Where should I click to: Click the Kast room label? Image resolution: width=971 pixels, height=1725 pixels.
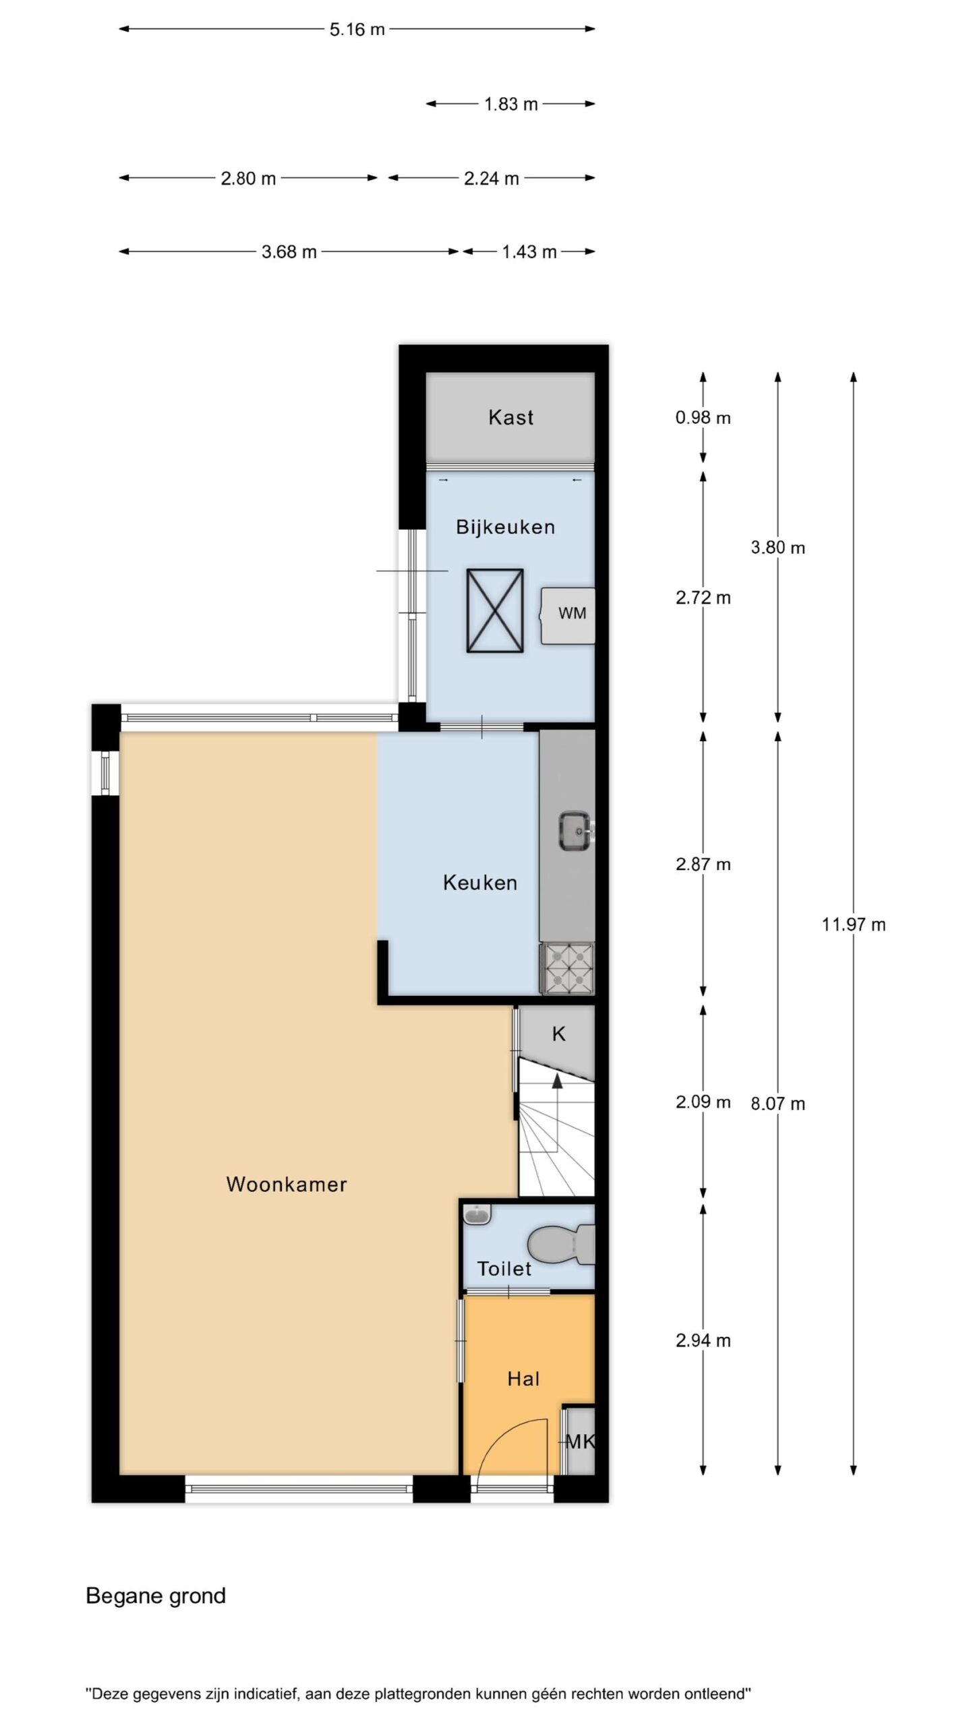(510, 417)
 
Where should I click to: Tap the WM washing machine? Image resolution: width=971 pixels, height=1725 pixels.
(568, 615)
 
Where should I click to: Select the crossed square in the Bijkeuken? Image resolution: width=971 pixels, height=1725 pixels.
(495, 610)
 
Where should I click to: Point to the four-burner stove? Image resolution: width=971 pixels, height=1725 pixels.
(567, 968)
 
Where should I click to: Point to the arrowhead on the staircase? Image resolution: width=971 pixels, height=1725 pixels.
(557, 1080)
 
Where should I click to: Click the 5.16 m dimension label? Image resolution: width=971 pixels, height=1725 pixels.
(357, 30)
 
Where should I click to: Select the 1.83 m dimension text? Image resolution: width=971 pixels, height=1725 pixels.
(510, 104)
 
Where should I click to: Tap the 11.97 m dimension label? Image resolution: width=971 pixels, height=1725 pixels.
(853, 924)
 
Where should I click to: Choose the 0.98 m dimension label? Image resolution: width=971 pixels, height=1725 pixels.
(703, 418)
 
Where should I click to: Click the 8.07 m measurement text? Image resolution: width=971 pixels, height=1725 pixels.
(777, 1104)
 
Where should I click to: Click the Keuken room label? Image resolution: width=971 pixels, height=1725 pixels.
(480, 883)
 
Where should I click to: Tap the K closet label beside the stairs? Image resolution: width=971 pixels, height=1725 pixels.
(558, 1034)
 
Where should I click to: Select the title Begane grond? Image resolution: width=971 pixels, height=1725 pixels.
(156, 1596)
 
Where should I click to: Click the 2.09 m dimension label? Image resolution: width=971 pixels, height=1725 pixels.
(703, 1102)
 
